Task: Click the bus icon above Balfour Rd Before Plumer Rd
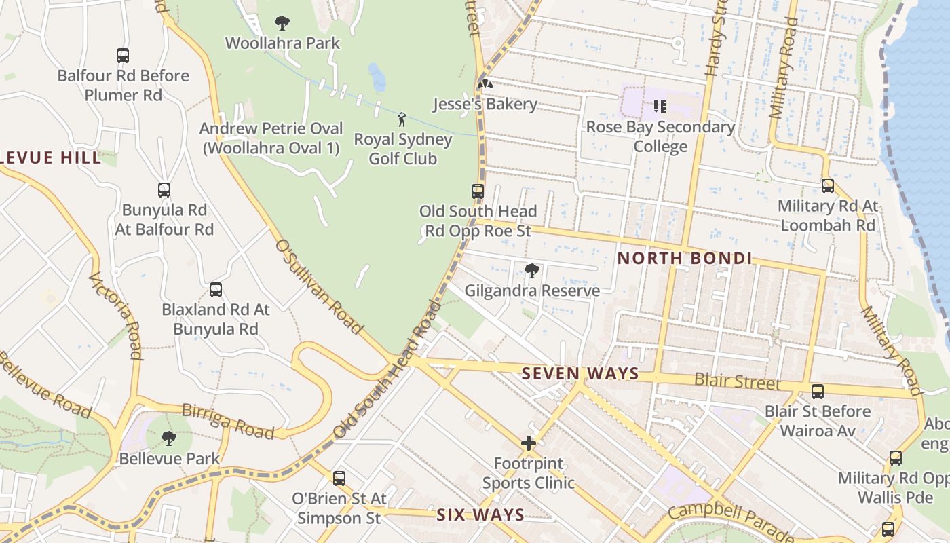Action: pos(123,56)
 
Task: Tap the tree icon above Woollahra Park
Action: pos(282,23)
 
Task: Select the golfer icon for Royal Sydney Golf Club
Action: pos(402,120)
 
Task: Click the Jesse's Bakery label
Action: pos(485,105)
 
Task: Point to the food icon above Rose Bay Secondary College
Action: pos(660,107)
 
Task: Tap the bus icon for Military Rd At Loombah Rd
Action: pos(828,186)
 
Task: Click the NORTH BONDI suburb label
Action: pos(684,258)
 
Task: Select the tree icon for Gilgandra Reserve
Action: pos(532,271)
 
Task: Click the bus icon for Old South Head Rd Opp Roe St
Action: pos(478,191)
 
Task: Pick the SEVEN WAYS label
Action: pos(580,373)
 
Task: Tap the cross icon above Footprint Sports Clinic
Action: pos(528,444)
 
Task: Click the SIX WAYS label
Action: pos(480,514)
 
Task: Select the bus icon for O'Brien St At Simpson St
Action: pos(339,479)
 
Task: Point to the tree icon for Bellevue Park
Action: pos(169,438)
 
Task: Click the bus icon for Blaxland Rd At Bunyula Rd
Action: pos(216,290)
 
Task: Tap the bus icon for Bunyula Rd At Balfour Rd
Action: pos(164,190)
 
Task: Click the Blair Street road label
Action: pos(738,381)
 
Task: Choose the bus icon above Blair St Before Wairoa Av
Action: pos(818,392)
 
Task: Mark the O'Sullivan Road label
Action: pos(319,286)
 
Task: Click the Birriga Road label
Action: pos(228,422)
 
